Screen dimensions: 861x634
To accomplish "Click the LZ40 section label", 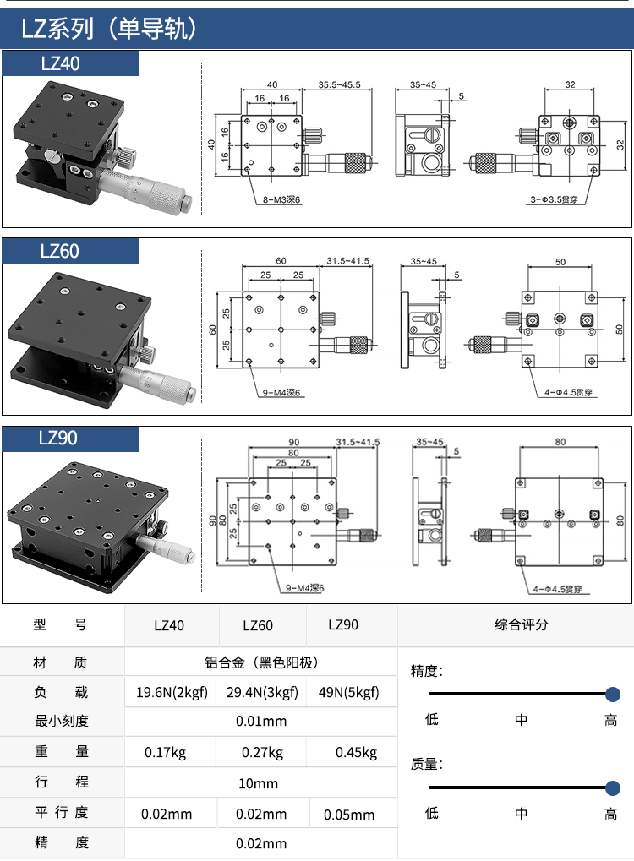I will tap(61, 63).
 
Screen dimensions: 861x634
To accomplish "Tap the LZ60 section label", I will tap(61, 251).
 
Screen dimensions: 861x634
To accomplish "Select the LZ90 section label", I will tap(61, 439).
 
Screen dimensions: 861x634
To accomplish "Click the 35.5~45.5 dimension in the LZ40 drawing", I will tap(339, 84).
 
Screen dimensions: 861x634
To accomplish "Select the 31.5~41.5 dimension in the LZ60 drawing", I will tap(347, 260).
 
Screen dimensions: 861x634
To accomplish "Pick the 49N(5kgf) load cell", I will tap(348, 693).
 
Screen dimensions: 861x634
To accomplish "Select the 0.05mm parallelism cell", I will tap(350, 815).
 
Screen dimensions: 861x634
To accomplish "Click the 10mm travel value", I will tap(259, 783).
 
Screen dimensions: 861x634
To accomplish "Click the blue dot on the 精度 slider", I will tap(612, 695).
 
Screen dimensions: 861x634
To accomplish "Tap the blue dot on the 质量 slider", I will tap(612, 787).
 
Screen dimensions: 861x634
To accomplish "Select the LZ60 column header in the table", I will tap(258, 626).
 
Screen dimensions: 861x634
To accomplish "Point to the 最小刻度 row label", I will tap(62, 721).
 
